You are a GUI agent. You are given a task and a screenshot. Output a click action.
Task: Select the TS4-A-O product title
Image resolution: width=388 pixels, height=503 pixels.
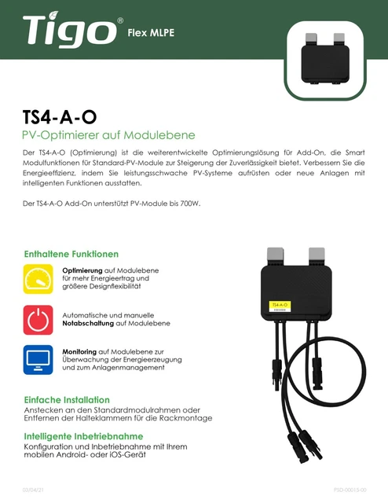pyautogui.click(x=60, y=116)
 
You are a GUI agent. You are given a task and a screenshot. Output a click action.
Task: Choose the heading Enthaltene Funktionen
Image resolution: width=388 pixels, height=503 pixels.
pyautogui.click(x=71, y=254)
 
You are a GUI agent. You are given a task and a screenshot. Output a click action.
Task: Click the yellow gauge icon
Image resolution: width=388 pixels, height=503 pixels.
pyautogui.click(x=38, y=280)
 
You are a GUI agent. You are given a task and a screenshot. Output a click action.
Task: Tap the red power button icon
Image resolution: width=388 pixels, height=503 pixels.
pyautogui.click(x=38, y=320)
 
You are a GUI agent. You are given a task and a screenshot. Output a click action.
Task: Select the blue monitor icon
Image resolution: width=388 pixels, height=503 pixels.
pyautogui.click(x=38, y=360)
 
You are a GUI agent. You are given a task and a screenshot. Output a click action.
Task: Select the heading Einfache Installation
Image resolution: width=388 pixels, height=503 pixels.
pyautogui.click(x=67, y=399)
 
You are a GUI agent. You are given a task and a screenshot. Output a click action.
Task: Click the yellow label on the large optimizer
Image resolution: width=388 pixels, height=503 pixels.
pyautogui.click(x=281, y=304)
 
